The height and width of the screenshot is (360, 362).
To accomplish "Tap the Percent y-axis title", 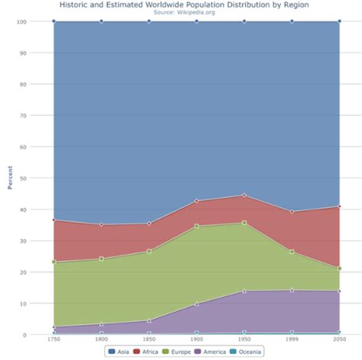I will (x=10, y=178).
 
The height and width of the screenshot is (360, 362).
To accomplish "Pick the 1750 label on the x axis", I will (x=53, y=339).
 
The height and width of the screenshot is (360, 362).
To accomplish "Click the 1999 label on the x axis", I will (x=292, y=339).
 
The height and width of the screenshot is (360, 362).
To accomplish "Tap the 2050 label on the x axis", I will (x=339, y=339).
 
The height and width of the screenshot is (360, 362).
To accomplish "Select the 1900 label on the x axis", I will (x=196, y=339).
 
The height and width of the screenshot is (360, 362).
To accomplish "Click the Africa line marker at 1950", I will (x=244, y=195).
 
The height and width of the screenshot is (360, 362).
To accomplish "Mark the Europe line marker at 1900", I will (x=196, y=226).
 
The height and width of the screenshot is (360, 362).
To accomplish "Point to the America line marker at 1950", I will (x=244, y=291).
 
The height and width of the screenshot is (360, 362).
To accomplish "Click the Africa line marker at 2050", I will (x=339, y=206).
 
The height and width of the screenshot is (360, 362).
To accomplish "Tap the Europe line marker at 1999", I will (x=292, y=251).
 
